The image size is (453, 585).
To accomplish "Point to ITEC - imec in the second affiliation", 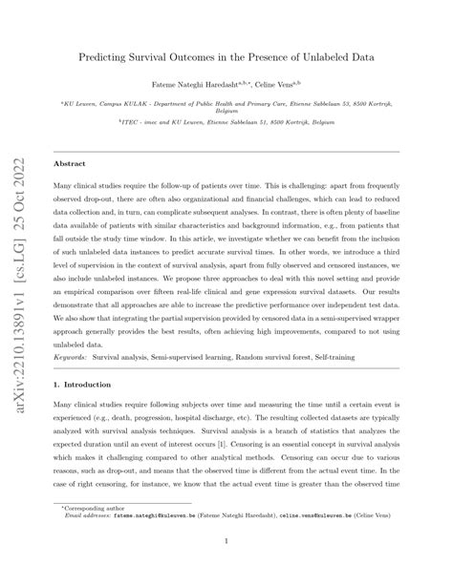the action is tap(146, 123).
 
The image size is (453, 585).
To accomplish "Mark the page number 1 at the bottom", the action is tap(226, 570).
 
